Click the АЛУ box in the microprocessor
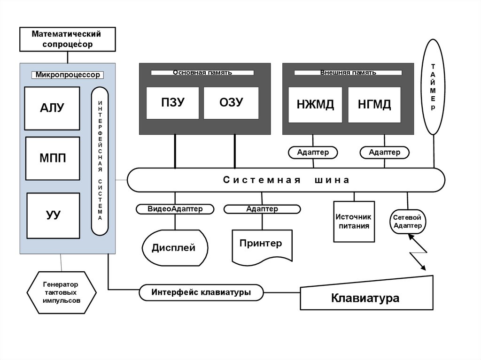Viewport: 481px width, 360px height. click(52, 108)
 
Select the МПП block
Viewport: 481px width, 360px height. click(52, 158)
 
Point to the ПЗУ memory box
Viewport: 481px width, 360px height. click(173, 103)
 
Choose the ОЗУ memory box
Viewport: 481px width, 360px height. click(231, 103)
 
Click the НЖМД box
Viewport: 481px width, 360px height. click(315, 105)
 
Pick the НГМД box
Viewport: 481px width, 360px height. click(374, 105)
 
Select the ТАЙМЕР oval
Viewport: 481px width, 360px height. click(433, 87)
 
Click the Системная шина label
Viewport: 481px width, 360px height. click(286, 180)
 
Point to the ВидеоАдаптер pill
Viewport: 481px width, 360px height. click(175, 209)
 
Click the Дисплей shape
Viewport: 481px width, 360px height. click(173, 247)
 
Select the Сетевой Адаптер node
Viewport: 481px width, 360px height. click(408, 222)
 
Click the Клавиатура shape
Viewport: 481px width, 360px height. click(365, 298)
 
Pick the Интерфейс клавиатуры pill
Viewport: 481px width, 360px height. click(201, 292)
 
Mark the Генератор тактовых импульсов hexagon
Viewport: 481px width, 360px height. click(62, 292)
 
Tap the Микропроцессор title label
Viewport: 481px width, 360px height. click(68, 75)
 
